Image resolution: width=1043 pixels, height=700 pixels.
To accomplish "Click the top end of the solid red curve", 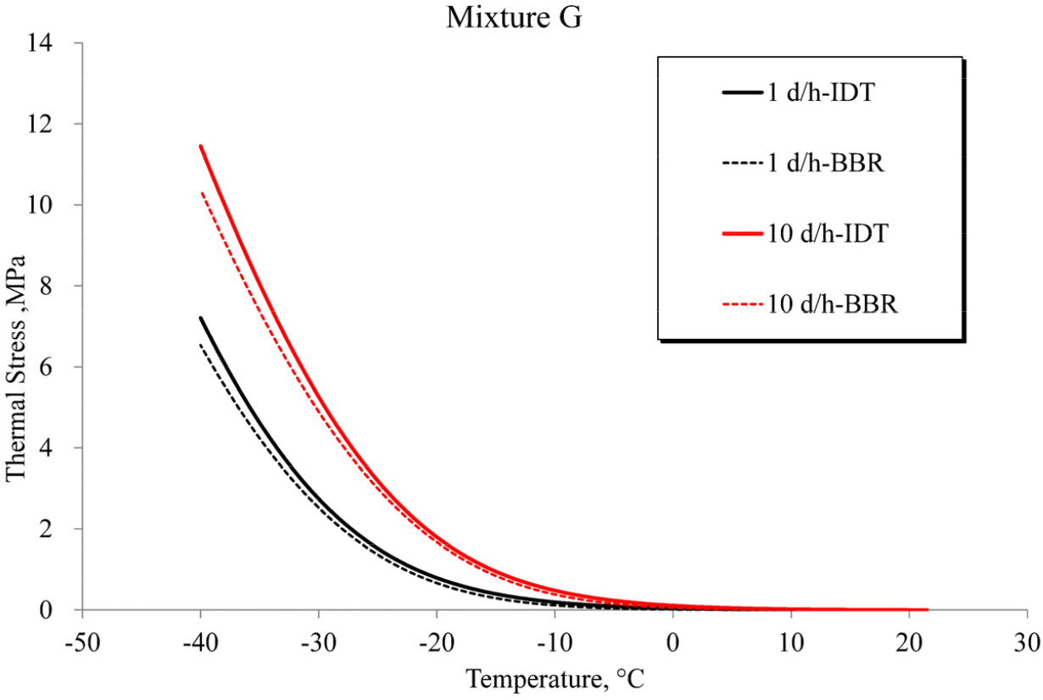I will [x=201, y=146].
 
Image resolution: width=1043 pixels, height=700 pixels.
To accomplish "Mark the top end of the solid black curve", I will [x=201, y=318].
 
